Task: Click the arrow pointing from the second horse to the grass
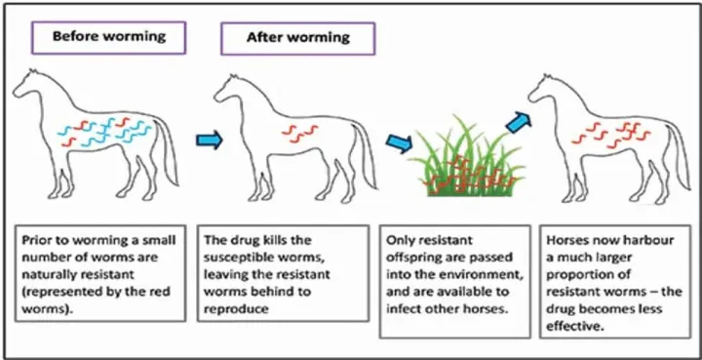(x=399, y=142)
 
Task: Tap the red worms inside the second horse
(x=293, y=131)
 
